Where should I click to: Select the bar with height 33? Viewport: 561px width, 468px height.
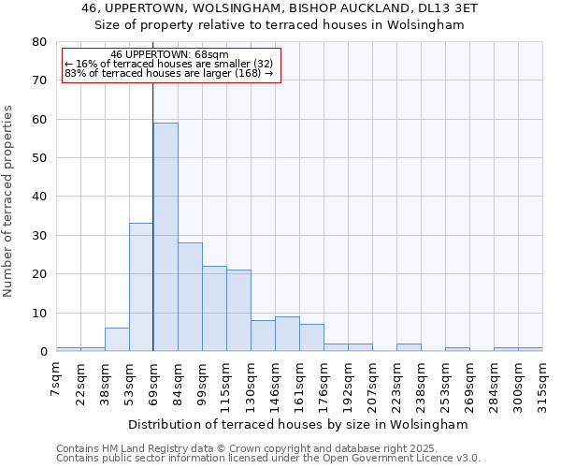(x=141, y=286)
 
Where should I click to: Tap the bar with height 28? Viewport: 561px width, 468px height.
(x=190, y=297)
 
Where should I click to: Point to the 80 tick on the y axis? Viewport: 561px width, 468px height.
(x=37, y=42)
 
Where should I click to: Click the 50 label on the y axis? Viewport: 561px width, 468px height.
(x=37, y=158)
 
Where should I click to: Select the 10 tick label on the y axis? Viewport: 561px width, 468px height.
(x=37, y=313)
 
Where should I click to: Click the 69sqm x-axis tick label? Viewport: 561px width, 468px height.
(x=154, y=381)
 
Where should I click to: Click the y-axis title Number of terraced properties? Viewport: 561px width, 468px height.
(x=9, y=200)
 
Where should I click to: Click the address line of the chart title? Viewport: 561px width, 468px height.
(x=280, y=8)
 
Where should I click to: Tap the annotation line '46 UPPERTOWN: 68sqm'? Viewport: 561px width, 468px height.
(x=169, y=55)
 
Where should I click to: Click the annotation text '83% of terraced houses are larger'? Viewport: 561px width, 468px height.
(x=169, y=73)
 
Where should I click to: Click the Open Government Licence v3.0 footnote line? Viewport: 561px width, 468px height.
(x=268, y=459)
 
